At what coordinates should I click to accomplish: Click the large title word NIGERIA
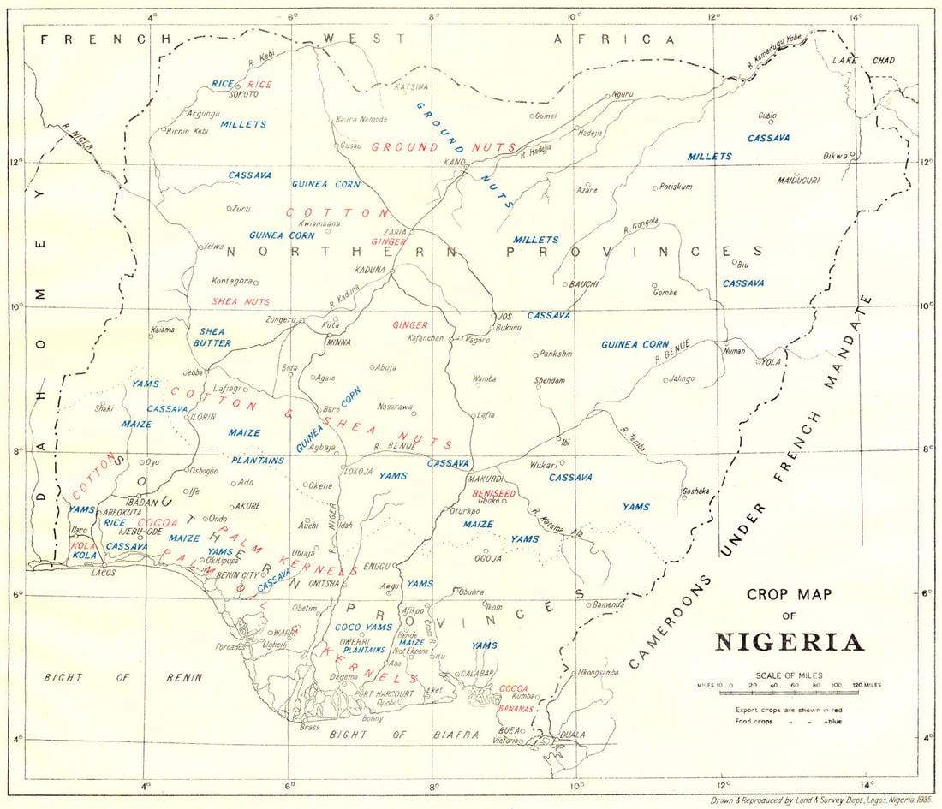click(x=789, y=641)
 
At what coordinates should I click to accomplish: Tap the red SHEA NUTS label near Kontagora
click(x=241, y=301)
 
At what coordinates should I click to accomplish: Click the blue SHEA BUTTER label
click(x=215, y=336)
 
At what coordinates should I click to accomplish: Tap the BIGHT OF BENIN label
click(x=123, y=677)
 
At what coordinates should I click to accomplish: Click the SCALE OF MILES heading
click(x=788, y=675)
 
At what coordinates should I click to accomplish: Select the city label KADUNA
click(x=372, y=269)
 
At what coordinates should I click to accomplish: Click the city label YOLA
click(x=772, y=361)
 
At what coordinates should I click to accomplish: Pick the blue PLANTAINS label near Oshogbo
click(x=258, y=461)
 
